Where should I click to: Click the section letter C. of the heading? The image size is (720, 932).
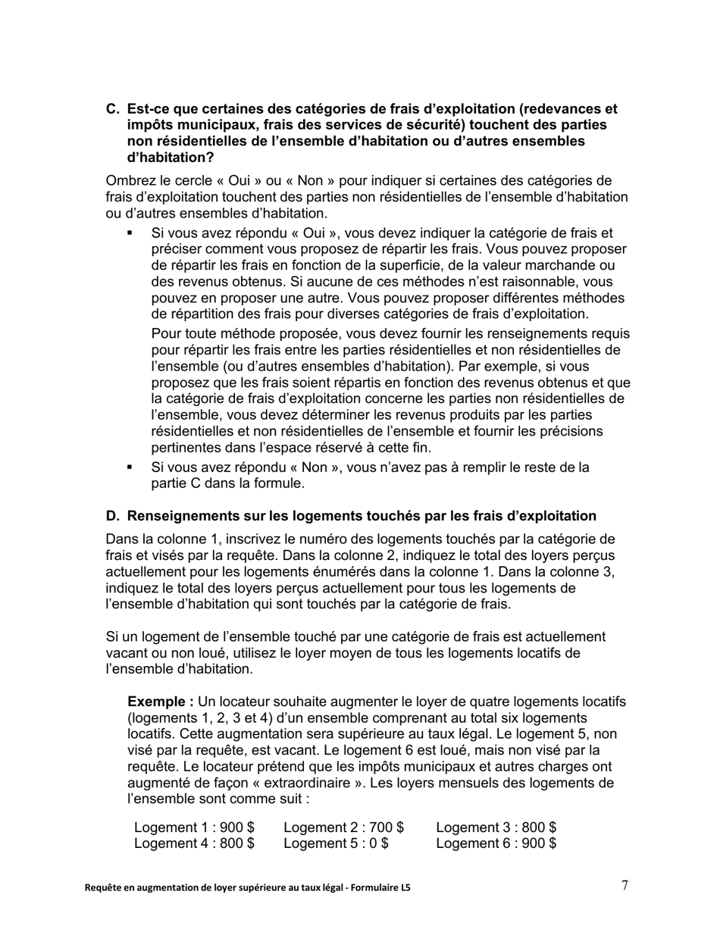click(113, 108)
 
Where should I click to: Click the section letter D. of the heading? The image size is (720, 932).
click(113, 516)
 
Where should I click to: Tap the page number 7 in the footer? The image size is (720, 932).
click(625, 885)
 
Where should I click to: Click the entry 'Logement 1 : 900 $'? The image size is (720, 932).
click(194, 827)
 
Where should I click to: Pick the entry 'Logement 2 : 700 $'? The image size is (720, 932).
click(343, 827)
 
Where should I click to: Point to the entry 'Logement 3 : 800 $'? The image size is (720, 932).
click(496, 827)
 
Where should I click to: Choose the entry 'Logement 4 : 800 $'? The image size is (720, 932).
click(194, 843)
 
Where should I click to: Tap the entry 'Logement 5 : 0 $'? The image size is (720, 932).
click(336, 843)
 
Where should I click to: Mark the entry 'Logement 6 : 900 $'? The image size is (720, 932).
click(496, 843)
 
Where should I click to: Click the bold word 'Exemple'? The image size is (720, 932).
click(158, 702)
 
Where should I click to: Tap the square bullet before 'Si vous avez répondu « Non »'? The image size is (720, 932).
click(130, 468)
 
